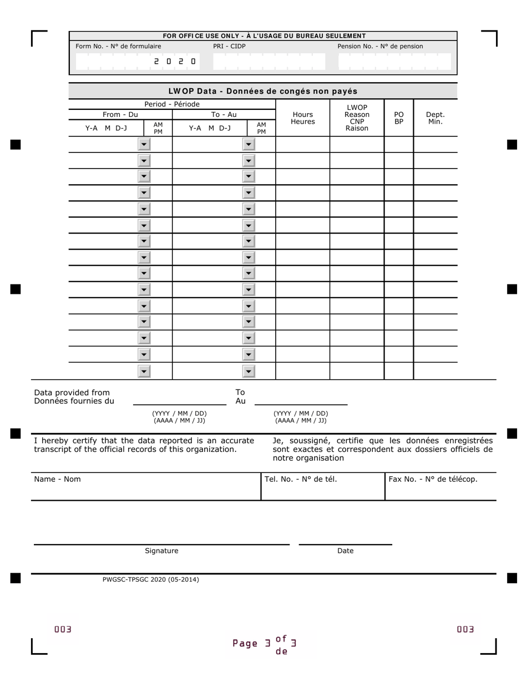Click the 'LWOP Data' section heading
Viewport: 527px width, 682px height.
pos(263,91)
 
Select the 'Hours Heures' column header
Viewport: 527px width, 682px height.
pos(303,118)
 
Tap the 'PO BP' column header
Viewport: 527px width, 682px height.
pos(399,118)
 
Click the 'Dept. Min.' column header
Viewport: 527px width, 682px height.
pos(435,118)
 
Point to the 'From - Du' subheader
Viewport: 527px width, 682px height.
pos(120,115)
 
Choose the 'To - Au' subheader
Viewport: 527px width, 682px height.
pos(224,115)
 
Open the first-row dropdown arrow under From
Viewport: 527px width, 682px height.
pos(144,145)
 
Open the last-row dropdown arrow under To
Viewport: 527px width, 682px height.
pos(249,371)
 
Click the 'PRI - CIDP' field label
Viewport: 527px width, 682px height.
pos(229,47)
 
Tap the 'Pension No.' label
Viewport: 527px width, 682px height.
pos(380,47)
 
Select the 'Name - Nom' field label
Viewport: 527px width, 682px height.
pos(57,479)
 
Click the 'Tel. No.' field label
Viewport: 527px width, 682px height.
pos(301,479)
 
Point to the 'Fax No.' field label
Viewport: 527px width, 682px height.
pos(433,479)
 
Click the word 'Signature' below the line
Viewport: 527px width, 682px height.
pos(161,551)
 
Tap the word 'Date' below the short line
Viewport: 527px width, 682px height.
pos(345,551)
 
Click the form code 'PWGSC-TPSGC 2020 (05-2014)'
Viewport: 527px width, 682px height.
pos(150,579)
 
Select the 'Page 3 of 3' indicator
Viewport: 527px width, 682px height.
pos(265,644)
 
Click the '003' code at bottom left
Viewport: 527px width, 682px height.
pos(63,629)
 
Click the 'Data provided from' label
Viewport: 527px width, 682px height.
pos(72,393)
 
